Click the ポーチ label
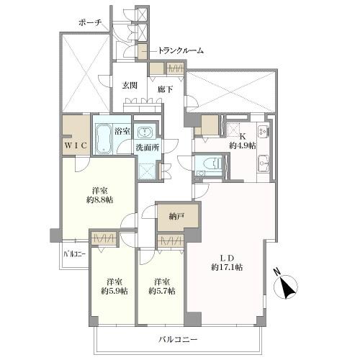tap(90, 23)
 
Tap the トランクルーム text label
tap(181, 50)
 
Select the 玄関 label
tap(130, 85)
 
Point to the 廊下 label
tap(166, 89)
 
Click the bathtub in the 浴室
tap(104, 139)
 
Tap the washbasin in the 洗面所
tap(145, 132)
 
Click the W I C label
tap(75, 145)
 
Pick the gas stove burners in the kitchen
tap(263, 131)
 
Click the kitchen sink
tap(264, 163)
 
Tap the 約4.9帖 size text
tap(242, 145)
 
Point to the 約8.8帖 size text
tap(99, 199)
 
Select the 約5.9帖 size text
tap(114, 291)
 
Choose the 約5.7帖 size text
tap(162, 291)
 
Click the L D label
tap(227, 258)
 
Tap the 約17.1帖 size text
tap(227, 267)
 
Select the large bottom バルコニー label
tap(178, 339)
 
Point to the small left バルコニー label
tap(74, 254)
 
